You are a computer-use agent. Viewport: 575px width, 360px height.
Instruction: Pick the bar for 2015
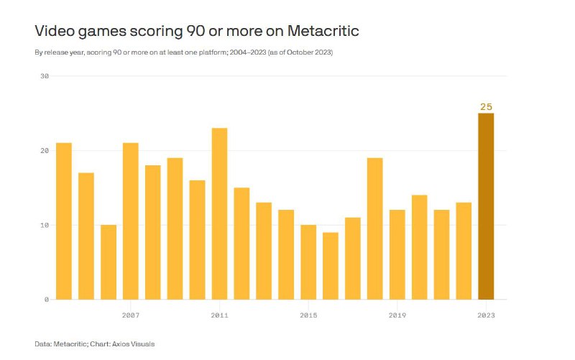[x=308, y=262]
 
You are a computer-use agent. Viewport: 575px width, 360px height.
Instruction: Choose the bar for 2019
[x=397, y=254]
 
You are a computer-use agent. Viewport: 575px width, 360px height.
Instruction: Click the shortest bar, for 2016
[x=331, y=265]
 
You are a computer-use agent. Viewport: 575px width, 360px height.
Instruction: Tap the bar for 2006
[x=108, y=262]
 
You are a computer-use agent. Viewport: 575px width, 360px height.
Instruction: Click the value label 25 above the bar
[x=486, y=107]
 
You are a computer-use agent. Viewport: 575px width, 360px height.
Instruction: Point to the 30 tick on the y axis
[x=44, y=76]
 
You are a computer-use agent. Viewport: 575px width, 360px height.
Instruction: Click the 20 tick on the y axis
[x=44, y=151]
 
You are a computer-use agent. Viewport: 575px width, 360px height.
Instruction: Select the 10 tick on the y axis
[x=44, y=225]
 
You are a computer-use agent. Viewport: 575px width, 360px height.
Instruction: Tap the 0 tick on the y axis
[x=46, y=299]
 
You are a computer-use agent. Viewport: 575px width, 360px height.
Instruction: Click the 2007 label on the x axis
[x=130, y=315]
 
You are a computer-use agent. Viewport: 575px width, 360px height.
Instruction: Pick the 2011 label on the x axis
[x=219, y=315]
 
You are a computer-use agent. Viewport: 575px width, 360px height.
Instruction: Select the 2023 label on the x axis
[x=486, y=315]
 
